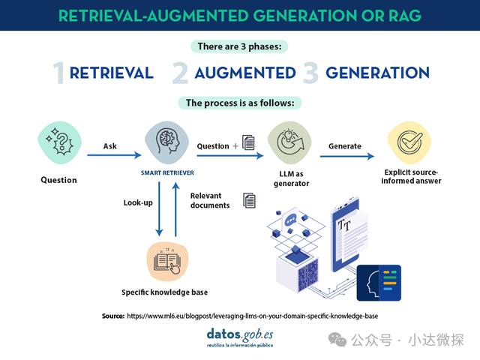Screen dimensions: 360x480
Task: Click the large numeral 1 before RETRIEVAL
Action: pyautogui.click(x=58, y=73)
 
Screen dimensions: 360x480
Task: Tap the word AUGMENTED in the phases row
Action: pyautogui.click(x=245, y=73)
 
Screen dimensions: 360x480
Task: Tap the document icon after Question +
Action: pyautogui.click(x=249, y=143)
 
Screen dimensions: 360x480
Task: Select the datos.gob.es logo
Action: pyautogui.click(x=240, y=336)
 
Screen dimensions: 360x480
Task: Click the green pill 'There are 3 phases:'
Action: pyautogui.click(x=240, y=46)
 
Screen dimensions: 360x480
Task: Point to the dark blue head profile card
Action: pyautogui.click(x=378, y=283)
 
